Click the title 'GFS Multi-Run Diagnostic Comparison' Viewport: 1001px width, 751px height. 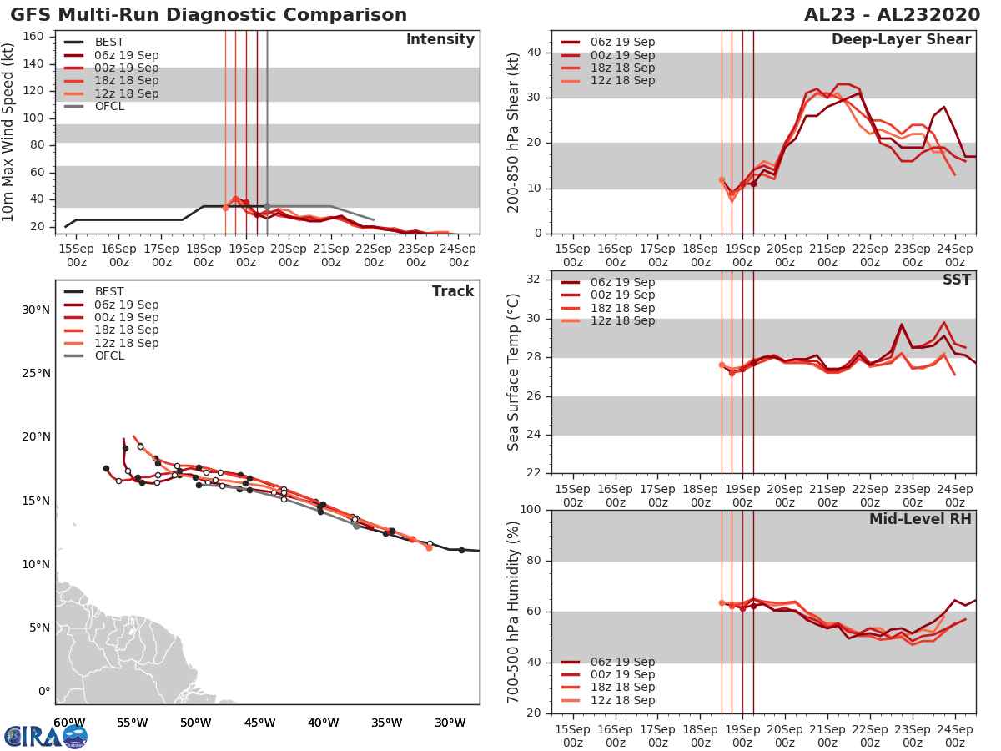tap(209, 15)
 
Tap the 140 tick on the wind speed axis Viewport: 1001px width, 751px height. tap(36, 63)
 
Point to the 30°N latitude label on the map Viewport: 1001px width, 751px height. tap(36, 310)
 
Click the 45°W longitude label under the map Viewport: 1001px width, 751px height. tap(259, 723)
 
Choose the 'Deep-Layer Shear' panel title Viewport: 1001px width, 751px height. tap(901, 40)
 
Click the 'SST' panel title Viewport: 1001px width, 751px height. tap(956, 280)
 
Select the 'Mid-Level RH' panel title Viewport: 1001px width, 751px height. tap(920, 520)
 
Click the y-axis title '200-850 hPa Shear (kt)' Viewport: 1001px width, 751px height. tap(514, 132)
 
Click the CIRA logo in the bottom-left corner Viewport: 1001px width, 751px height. tap(46, 736)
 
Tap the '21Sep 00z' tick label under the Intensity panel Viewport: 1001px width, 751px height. tap(330, 255)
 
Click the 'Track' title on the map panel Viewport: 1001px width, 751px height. tap(453, 291)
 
